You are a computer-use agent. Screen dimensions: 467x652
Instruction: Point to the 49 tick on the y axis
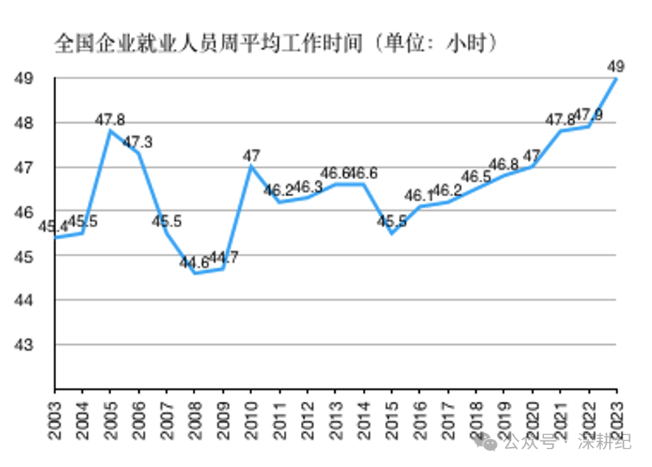25,78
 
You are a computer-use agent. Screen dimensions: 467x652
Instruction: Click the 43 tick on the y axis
25,345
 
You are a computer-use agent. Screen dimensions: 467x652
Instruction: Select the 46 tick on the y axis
25,212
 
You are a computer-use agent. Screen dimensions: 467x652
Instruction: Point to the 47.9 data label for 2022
588,115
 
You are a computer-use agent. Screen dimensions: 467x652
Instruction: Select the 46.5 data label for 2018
476,177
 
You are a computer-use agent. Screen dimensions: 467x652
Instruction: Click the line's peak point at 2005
110,131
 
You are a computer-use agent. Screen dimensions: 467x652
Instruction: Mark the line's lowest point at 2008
194,273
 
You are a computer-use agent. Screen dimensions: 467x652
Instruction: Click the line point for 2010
251,167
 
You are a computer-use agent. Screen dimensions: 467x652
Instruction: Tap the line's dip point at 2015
391,233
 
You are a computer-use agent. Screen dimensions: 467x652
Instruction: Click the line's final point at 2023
616,78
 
